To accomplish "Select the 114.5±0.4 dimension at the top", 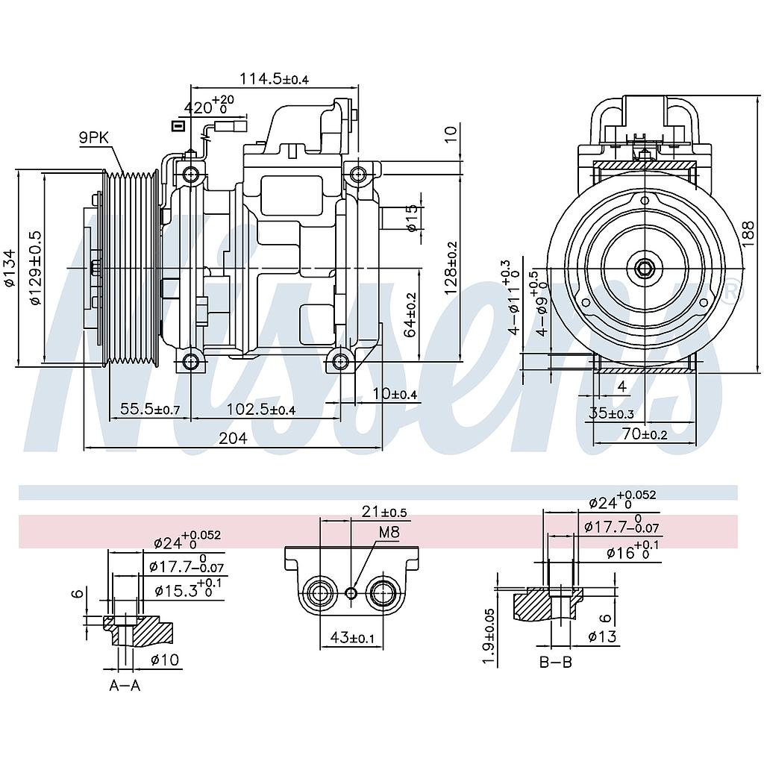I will tap(274, 79).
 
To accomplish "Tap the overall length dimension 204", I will tap(233, 439).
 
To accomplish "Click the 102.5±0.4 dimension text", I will tap(260, 409).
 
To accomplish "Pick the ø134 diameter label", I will tap(8, 269).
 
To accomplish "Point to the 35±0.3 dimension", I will tap(611, 414).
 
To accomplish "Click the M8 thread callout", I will tap(389, 532).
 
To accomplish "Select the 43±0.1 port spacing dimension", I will tap(352, 637).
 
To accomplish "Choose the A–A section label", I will tap(125, 686).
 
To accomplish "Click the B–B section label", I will tap(556, 662).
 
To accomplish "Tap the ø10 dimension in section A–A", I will tap(164, 659).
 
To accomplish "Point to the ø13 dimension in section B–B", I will tap(601, 636).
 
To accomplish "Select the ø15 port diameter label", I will tap(412, 219).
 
